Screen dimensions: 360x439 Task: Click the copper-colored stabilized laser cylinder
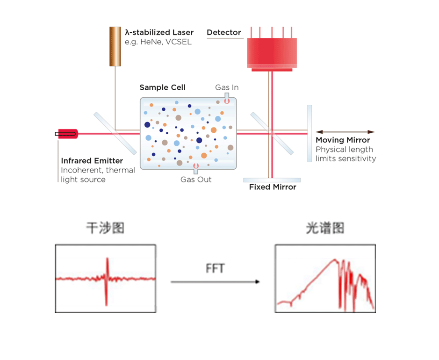pos(115,46)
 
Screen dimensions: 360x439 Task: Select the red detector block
pos(272,51)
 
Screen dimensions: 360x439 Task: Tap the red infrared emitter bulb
pos(67,134)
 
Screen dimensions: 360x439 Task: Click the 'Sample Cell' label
pos(162,87)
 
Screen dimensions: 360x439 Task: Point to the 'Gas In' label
pos(227,87)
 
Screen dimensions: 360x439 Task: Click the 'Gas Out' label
pos(196,180)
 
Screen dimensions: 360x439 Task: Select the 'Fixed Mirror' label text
pos(273,187)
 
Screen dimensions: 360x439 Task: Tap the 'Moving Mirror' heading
pos(343,140)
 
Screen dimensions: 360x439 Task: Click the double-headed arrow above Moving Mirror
pos(345,132)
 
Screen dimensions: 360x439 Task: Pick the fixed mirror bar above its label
pos(272,180)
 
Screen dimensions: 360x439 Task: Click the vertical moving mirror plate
pos(309,133)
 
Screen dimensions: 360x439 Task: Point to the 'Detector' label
pos(224,33)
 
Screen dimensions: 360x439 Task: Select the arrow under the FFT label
pos(215,282)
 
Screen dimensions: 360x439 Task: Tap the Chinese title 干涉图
pos(105,228)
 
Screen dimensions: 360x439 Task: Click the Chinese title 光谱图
pos(325,228)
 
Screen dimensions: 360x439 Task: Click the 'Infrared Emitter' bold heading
pos(92,161)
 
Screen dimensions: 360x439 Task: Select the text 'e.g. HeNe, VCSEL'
pos(158,42)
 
